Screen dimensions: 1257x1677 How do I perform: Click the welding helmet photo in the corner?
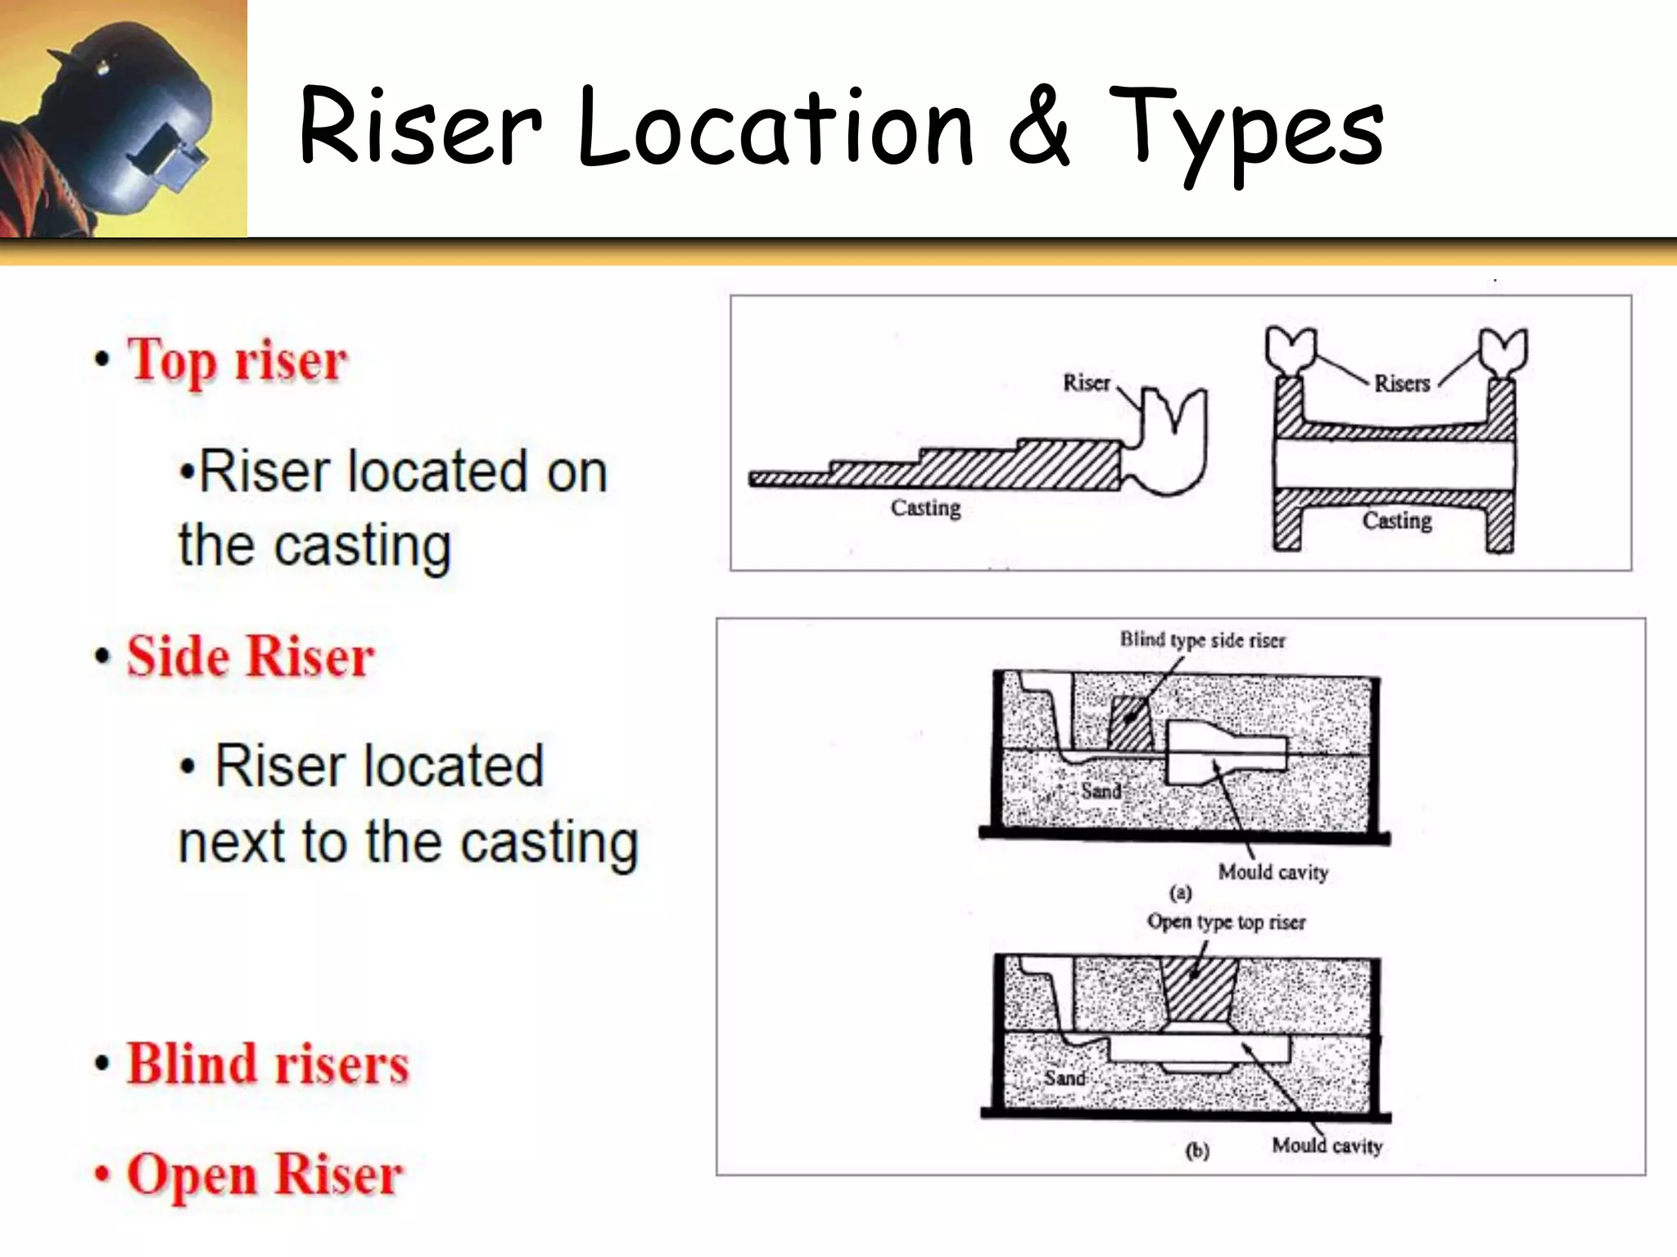tap(123, 119)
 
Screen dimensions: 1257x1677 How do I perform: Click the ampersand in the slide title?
tap(1038, 127)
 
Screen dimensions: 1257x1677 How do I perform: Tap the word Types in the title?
tap(1245, 131)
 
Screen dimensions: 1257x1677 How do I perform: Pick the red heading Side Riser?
tap(251, 656)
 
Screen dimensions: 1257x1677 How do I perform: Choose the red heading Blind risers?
tap(267, 1064)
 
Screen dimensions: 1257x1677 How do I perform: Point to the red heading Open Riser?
tap(264, 1174)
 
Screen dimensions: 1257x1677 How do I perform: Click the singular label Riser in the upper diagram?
tap(1086, 382)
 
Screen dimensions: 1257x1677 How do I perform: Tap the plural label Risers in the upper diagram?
tap(1401, 383)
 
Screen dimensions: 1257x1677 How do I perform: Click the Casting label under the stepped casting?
tap(925, 507)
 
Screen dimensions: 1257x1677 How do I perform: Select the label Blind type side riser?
tap(1202, 640)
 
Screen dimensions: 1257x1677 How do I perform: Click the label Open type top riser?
tap(1226, 921)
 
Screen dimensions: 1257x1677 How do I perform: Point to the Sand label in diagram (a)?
tap(1101, 791)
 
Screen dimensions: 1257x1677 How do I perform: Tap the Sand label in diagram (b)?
tap(1065, 1078)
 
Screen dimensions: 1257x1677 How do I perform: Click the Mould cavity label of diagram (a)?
tap(1272, 872)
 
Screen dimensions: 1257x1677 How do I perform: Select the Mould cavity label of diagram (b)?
tap(1327, 1145)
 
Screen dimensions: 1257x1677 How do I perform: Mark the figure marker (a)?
tap(1180, 892)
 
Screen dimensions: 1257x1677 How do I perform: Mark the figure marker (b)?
tap(1196, 1151)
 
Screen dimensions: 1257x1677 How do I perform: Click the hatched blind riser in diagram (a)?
tap(1130, 723)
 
